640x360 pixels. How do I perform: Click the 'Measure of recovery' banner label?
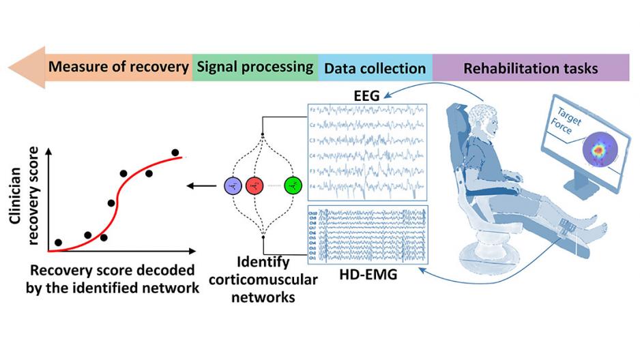[119, 67]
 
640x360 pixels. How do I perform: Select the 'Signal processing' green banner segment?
[254, 67]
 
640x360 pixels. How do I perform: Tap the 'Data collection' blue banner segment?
[375, 68]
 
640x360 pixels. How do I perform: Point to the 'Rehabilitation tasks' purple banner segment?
[530, 68]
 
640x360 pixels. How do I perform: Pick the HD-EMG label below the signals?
[368, 275]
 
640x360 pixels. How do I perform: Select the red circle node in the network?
[254, 185]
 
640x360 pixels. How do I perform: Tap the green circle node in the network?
[293, 185]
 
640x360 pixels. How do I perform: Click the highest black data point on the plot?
[175, 153]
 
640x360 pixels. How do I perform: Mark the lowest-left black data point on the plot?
[59, 242]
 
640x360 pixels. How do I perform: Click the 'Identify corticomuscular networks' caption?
[263, 280]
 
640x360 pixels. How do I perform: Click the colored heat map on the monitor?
[598, 148]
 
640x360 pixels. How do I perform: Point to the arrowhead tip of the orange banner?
[9, 68]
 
